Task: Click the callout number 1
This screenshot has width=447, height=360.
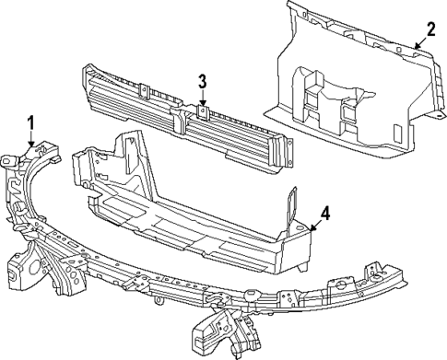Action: (x=30, y=122)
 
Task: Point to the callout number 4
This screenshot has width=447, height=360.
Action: (x=324, y=215)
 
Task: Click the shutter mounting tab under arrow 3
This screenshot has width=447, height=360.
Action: (x=203, y=115)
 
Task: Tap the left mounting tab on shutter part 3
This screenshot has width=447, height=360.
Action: (x=145, y=90)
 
